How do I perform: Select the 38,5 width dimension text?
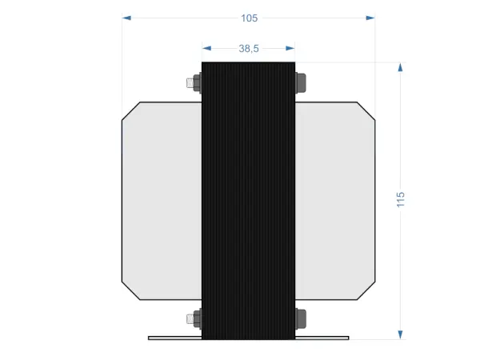[249, 49]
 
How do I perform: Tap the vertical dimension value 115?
[401, 199]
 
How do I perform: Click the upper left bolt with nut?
[193, 82]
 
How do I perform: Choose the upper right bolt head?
[301, 82]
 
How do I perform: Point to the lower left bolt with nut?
[193, 318]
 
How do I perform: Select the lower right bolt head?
[301, 318]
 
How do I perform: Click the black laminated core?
[248, 200]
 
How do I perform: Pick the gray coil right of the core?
[335, 200]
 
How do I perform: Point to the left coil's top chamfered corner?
[131, 111]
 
